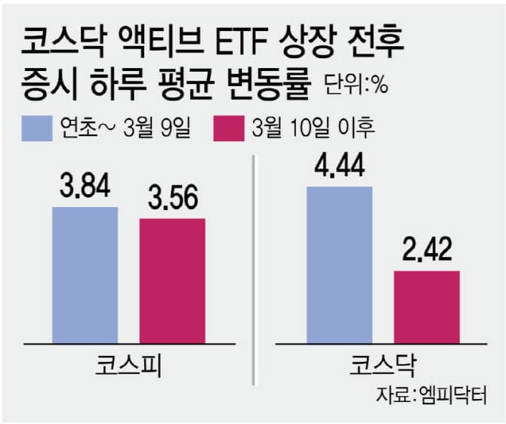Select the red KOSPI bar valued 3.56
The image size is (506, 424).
[172, 280]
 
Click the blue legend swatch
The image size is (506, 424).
[35, 128]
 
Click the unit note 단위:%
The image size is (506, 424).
[356, 85]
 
